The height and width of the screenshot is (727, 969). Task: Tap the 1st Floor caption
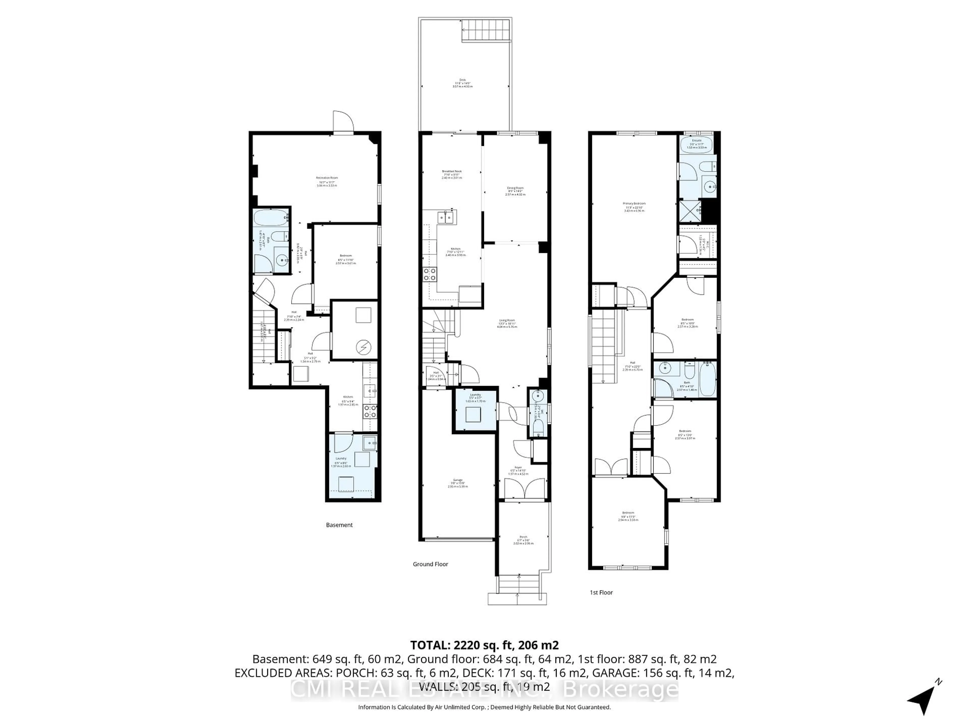[601, 592]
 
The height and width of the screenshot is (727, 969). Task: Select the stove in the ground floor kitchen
[429, 274]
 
